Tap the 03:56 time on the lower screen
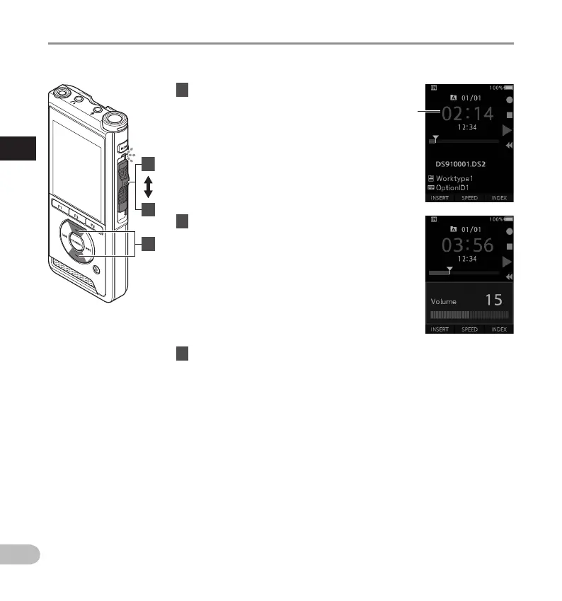click(x=469, y=245)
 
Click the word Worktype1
click(x=460, y=179)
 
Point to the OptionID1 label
click(x=460, y=188)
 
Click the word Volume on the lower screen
click(x=443, y=301)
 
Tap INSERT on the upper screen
click(x=439, y=198)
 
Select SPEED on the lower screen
click(x=469, y=329)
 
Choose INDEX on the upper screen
click(x=498, y=198)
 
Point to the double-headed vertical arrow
click(x=148, y=187)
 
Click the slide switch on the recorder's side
click(x=124, y=185)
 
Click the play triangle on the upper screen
click(x=507, y=130)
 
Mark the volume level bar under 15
click(x=469, y=317)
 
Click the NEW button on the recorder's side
click(x=123, y=149)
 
